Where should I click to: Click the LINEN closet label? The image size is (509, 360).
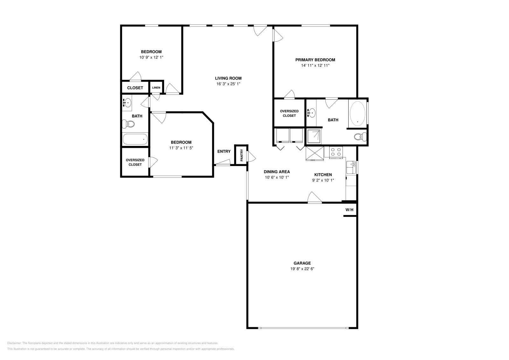[x=156, y=88]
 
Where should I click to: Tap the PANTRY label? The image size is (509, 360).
[x=241, y=155]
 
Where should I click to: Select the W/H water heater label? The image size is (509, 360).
[x=350, y=210]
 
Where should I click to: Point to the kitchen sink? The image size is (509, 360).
[x=351, y=167]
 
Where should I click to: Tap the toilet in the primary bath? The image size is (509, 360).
[x=360, y=137]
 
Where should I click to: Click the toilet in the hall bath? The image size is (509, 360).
[x=129, y=124]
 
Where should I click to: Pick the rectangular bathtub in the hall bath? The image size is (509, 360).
[x=135, y=139]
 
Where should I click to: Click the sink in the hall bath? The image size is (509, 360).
[x=127, y=103]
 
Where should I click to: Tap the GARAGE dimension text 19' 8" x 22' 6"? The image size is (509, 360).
[x=302, y=269]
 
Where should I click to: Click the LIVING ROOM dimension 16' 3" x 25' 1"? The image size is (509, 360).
[x=228, y=84]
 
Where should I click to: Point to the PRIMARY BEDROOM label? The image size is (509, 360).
[x=315, y=60]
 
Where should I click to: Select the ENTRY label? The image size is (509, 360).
[x=224, y=151]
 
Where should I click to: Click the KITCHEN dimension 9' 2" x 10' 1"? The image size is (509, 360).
[x=323, y=180]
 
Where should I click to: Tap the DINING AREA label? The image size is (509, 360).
[x=277, y=172]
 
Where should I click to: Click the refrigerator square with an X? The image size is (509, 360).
[x=315, y=154]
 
